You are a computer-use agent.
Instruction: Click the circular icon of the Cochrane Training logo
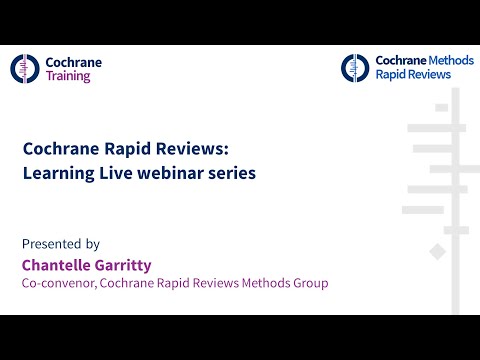[26, 68]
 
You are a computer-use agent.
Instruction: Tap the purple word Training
[68, 76]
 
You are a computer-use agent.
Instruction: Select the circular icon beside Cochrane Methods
[355, 67]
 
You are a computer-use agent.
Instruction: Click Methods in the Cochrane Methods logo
[447, 61]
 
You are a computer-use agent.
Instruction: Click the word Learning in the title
[58, 173]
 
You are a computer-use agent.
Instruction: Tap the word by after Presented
[93, 243]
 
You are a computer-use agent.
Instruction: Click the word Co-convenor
[57, 284]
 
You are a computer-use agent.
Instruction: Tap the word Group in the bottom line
[309, 284]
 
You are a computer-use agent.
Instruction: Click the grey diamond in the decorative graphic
[436, 250]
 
